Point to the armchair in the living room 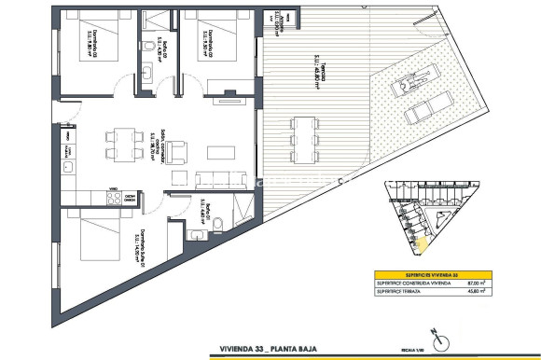coord(178,148)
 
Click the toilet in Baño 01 coord(215,224)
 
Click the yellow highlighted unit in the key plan coord(420,244)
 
